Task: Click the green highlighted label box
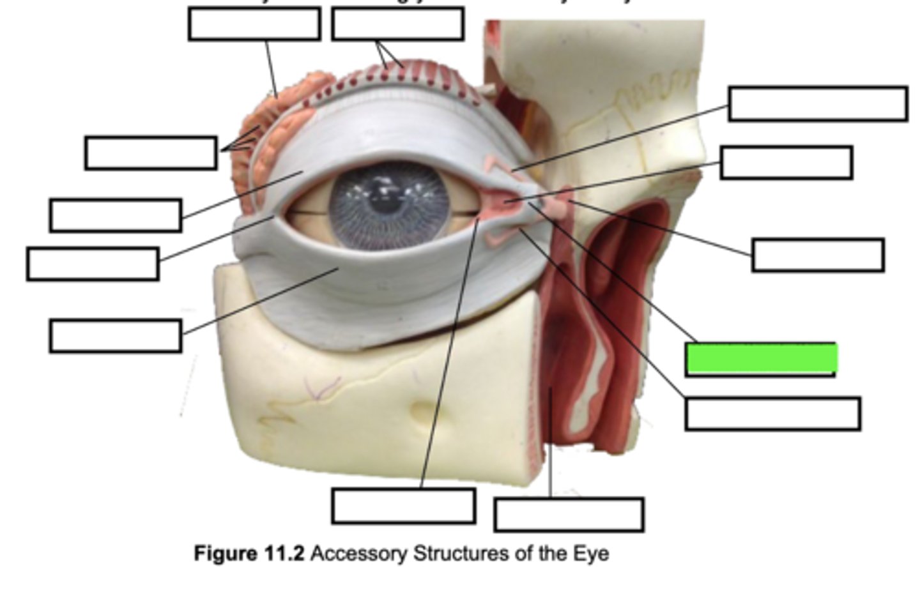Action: (761, 358)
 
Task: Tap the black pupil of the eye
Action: (381, 204)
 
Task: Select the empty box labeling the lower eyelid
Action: (115, 336)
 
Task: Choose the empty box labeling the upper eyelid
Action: (115, 215)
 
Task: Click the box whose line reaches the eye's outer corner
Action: (93, 264)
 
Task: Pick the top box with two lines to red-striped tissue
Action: (397, 24)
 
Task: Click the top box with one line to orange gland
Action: (254, 24)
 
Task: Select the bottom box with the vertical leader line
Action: (569, 515)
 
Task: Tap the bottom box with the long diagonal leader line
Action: (403, 506)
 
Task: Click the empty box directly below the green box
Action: (772, 414)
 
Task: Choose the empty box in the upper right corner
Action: (818, 103)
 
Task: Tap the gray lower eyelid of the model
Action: (383, 275)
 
